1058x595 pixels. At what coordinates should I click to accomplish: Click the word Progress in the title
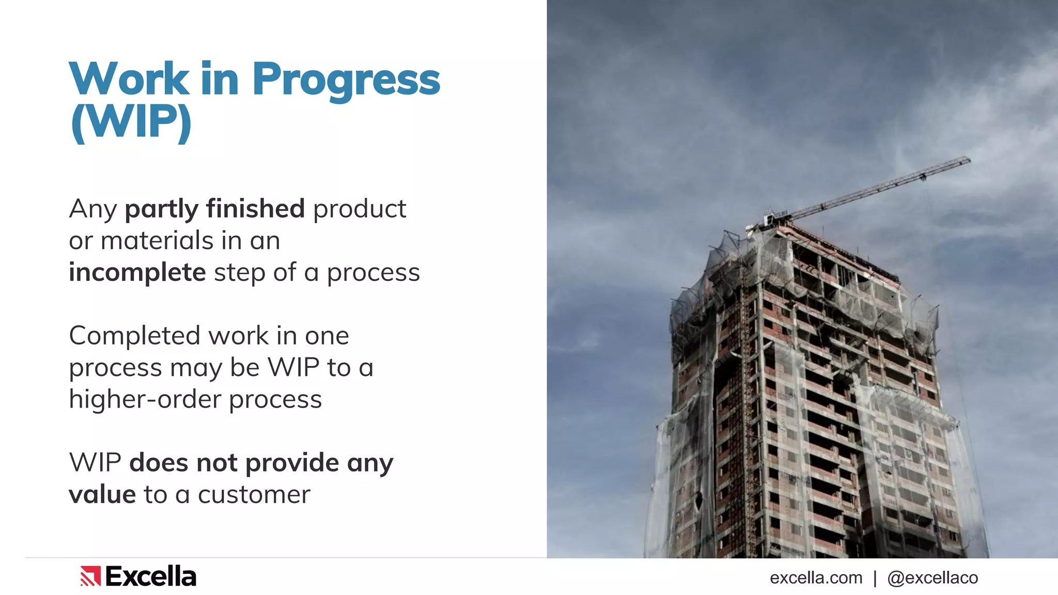[x=346, y=80]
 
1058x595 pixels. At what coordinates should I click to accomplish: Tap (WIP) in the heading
[x=131, y=122]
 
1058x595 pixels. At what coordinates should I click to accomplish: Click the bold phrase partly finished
[x=214, y=209]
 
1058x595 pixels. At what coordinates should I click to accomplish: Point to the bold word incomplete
[x=137, y=273]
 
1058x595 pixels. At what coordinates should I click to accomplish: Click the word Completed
[x=134, y=336]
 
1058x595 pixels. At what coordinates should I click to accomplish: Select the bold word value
[x=102, y=495]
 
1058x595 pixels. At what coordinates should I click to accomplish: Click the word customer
[x=254, y=495]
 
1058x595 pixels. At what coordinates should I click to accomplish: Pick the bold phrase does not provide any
[x=261, y=463]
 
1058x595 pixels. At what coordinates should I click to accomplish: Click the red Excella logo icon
[x=90, y=576]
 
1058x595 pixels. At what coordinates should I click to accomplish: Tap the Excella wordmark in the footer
[x=151, y=576]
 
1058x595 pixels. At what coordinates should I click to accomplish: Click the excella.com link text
[x=816, y=577]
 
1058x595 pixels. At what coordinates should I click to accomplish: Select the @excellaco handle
[x=932, y=577]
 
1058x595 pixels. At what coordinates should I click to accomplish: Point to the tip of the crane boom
[x=968, y=160]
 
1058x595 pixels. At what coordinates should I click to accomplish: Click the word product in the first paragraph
[x=360, y=209]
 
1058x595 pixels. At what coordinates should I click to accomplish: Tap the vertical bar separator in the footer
[x=875, y=578]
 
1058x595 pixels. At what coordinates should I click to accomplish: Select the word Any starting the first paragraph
[x=93, y=209]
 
